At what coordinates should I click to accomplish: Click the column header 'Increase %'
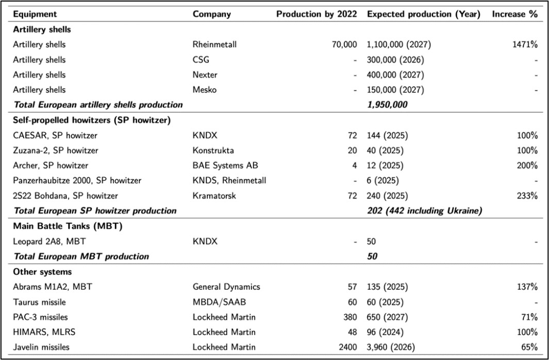pyautogui.click(x=514, y=14)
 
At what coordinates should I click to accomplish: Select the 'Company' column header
pyautogui.click(x=212, y=14)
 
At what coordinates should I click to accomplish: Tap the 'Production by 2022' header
pyautogui.click(x=316, y=14)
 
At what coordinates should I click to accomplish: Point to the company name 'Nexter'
pyautogui.click(x=205, y=75)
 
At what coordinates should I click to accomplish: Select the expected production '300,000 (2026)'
pyautogui.click(x=395, y=60)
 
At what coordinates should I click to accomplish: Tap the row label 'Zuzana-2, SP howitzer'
pyautogui.click(x=56, y=151)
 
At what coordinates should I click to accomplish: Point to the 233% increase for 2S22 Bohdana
pyautogui.click(x=527, y=195)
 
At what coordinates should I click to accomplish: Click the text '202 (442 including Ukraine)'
pyautogui.click(x=424, y=210)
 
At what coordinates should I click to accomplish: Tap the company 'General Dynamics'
pyautogui.click(x=226, y=287)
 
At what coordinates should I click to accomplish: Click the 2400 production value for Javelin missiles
pyautogui.click(x=347, y=347)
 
